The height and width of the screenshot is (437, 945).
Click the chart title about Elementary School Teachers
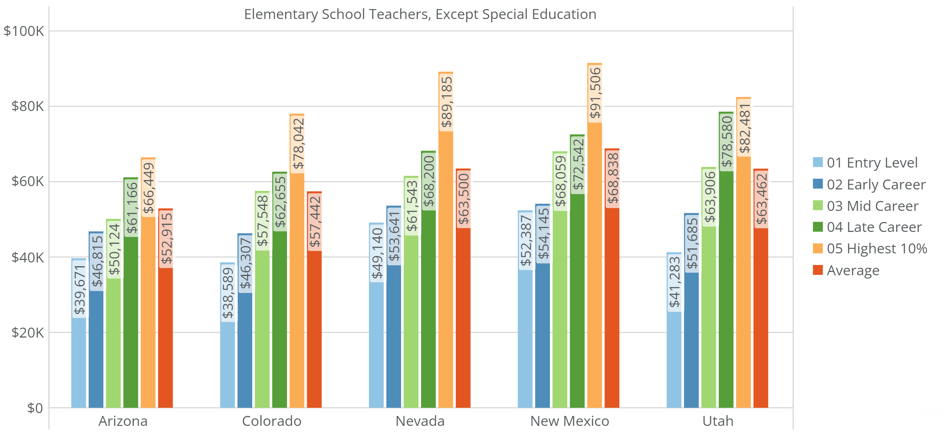pyautogui.click(x=420, y=14)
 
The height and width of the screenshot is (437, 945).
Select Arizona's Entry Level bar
pyautogui.click(x=78, y=363)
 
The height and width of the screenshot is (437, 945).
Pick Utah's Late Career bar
pyautogui.click(x=726, y=289)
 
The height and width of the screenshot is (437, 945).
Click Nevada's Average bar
pyautogui.click(x=463, y=318)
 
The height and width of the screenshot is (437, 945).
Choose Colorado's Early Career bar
pyautogui.click(x=245, y=351)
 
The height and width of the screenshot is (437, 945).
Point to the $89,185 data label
pyautogui.click(x=446, y=102)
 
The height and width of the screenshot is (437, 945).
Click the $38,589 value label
pyautogui.click(x=228, y=293)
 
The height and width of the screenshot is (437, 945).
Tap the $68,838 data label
pyautogui.click(x=613, y=179)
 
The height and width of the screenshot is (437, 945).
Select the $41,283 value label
pyautogui.click(x=674, y=282)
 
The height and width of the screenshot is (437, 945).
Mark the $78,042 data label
pyautogui.click(x=298, y=144)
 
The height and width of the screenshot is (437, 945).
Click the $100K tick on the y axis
pyautogui.click(x=24, y=31)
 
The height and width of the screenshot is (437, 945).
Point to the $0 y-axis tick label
pyautogui.click(x=35, y=408)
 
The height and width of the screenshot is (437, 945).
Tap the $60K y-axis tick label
pyautogui.click(x=27, y=182)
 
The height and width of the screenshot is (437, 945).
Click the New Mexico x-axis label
pyautogui.click(x=569, y=421)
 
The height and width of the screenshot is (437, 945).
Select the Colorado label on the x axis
pyautogui.click(x=272, y=421)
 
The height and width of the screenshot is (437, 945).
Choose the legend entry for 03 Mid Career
pyautogui.click(x=872, y=206)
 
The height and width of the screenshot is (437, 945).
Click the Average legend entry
pyautogui.click(x=853, y=270)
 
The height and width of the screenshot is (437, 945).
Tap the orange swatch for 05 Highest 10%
pyautogui.click(x=817, y=248)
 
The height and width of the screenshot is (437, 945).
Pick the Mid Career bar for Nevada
pyautogui.click(x=411, y=322)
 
